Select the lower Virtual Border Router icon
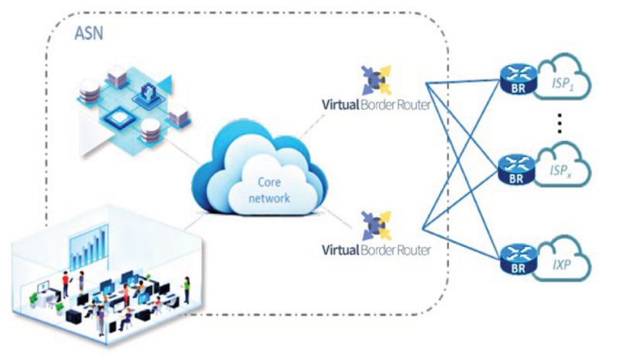377,226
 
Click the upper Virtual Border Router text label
376,105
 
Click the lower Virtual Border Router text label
376,249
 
